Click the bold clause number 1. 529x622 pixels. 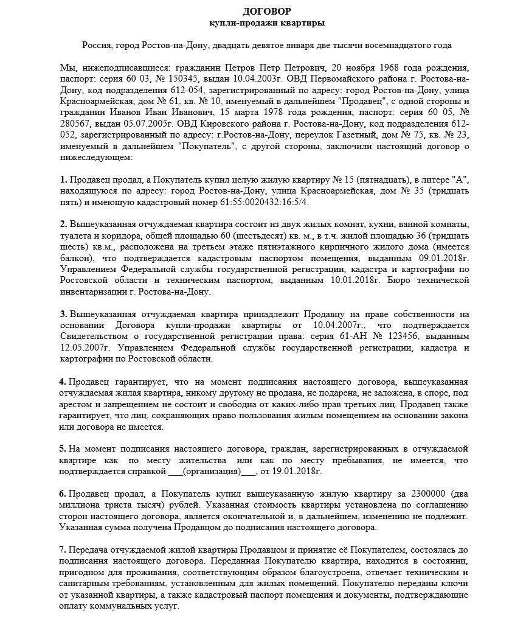pos(63,180)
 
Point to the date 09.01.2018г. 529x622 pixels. pos(447,258)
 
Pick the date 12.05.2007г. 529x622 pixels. pos(85,348)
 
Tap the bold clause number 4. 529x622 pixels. pos(63,382)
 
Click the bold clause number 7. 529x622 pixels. pos(63,550)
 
